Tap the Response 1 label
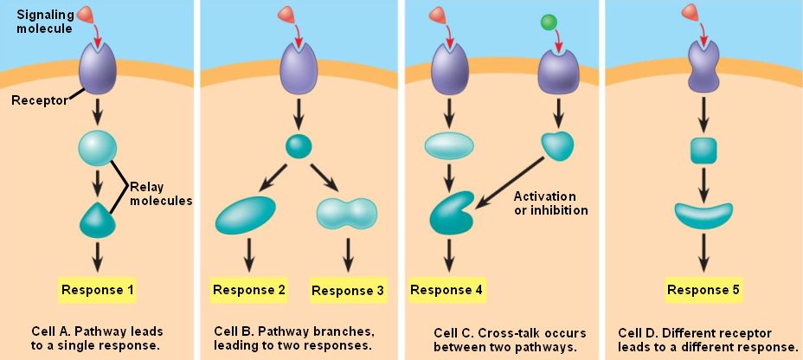pyautogui.click(x=98, y=289)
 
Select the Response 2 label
pyautogui.click(x=249, y=289)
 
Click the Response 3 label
pyautogui.click(x=347, y=290)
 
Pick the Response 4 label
pyautogui.click(x=446, y=289)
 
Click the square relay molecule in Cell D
pyautogui.click(x=703, y=151)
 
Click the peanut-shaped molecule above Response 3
pyautogui.click(x=347, y=211)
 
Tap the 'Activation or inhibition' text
pyautogui.click(x=550, y=202)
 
